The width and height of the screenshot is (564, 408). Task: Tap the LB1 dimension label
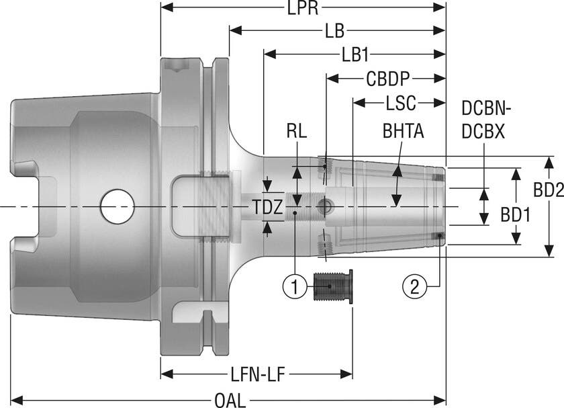358,54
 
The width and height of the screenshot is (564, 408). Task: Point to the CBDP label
387,78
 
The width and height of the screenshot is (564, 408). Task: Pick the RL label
295,132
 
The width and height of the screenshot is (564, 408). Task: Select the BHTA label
403,131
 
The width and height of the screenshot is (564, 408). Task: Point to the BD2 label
548,191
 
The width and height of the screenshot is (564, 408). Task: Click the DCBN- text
487,109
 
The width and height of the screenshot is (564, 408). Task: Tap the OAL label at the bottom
230,400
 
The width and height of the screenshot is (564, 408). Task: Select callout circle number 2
414,287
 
